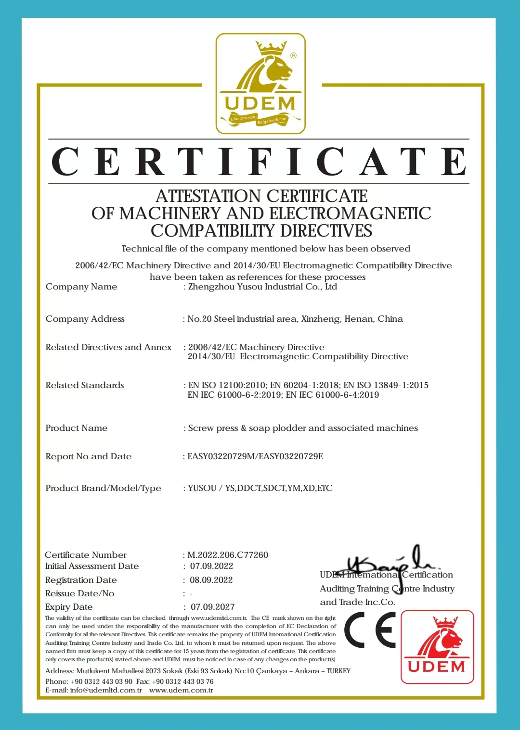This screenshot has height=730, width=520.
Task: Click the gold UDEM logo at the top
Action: click(x=260, y=84)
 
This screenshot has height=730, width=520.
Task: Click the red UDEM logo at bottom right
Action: click(x=437, y=647)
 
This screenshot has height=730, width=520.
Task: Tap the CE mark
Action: click(x=370, y=630)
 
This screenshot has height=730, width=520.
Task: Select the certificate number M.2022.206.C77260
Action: click(x=228, y=555)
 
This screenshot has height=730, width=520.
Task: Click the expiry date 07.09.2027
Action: click(x=212, y=607)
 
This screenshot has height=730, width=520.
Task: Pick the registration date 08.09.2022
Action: click(x=211, y=580)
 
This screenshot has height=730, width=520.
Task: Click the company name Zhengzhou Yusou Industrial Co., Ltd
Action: click(x=262, y=287)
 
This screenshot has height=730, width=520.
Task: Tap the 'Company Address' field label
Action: click(x=85, y=319)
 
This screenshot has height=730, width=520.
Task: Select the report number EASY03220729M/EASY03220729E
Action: click(x=255, y=456)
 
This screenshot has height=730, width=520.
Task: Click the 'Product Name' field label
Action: click(x=77, y=428)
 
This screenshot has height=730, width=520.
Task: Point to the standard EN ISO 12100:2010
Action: click(x=227, y=385)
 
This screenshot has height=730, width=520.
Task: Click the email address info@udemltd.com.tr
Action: click(x=106, y=690)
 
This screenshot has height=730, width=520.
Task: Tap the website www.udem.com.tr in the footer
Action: click(x=181, y=690)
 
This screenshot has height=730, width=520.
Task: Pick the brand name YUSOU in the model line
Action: click(x=202, y=488)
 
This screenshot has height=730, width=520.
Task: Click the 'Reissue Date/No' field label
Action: click(x=80, y=593)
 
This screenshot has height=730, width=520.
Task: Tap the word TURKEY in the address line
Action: click(x=338, y=671)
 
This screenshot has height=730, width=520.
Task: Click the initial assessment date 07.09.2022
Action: click(x=211, y=566)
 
